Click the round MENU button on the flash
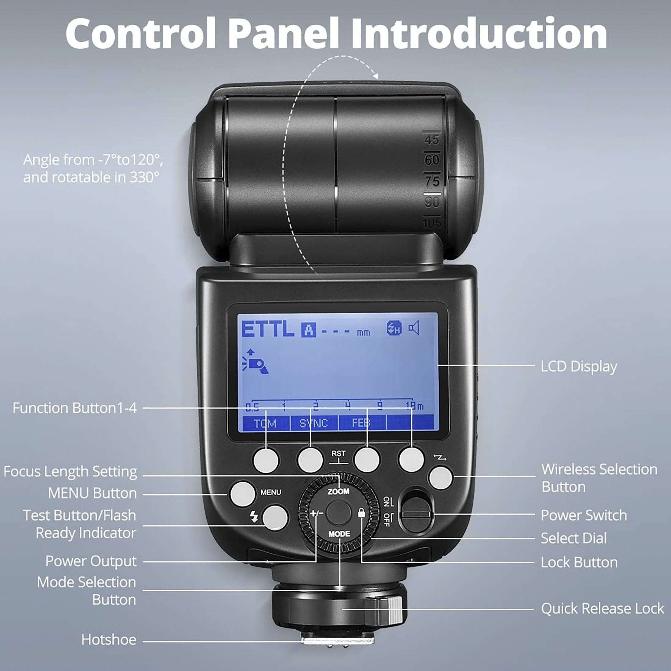point(242,493)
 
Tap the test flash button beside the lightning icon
point(275,518)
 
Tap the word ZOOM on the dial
point(338,492)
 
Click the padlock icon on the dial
point(361,513)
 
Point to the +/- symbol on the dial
point(316,513)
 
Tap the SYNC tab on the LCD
point(314,423)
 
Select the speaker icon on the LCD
point(414,328)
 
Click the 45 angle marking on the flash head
point(431,140)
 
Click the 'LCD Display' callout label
point(579,367)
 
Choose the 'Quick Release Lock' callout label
point(602,608)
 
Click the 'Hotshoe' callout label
point(109,640)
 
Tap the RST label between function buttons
point(338,453)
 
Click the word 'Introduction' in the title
point(479,34)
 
